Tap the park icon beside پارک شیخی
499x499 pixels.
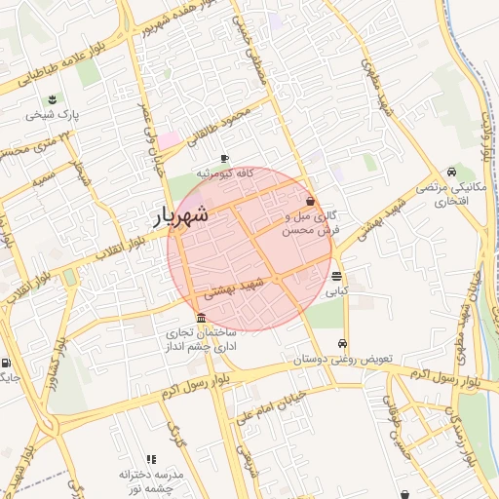click(52, 98)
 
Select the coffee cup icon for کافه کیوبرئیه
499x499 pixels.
click(224, 158)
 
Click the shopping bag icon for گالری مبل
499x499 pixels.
click(310, 200)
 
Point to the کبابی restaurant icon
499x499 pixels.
click(336, 276)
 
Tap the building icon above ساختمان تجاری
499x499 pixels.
click(201, 318)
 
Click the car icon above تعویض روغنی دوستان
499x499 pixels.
click(342, 344)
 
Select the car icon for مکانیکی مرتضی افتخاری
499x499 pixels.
click(450, 171)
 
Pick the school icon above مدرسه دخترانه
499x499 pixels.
click(151, 458)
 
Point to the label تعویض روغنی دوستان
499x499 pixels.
click(342, 360)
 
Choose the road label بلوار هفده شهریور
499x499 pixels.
click(146, 29)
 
